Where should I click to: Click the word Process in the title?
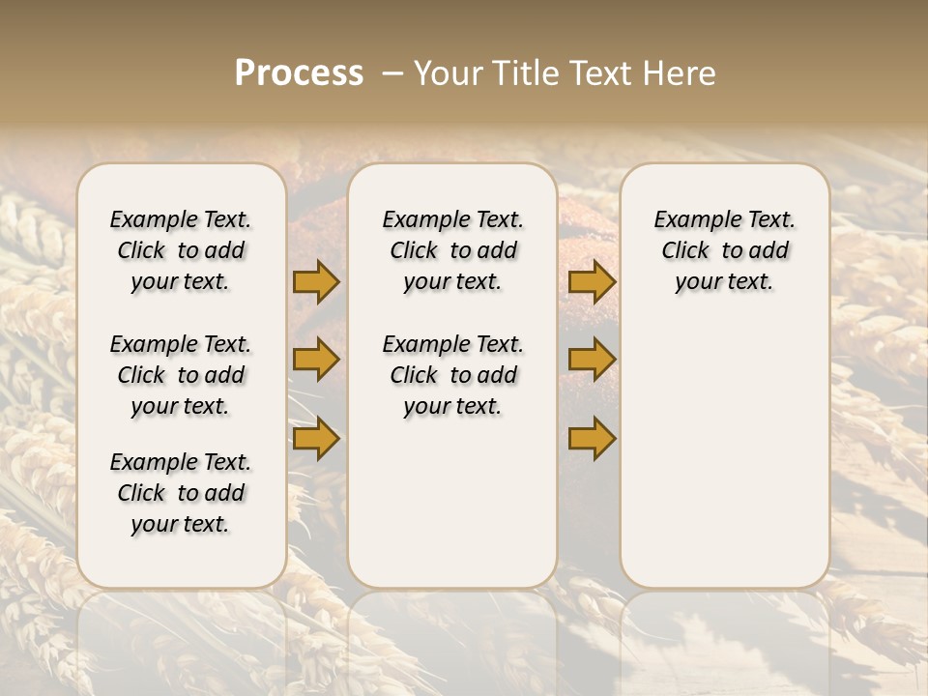tap(299, 73)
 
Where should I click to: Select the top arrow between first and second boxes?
tap(316, 281)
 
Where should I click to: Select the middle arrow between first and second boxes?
tap(316, 360)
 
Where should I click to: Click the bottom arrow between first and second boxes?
tap(316, 439)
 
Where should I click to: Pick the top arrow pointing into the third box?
tap(592, 281)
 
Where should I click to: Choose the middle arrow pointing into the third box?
tap(592, 360)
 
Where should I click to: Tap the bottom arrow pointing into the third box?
tap(592, 439)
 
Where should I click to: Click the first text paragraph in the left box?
tap(181, 250)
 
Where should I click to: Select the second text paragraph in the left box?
tap(181, 375)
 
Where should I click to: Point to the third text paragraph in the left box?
tap(181, 493)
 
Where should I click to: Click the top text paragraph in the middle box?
tap(452, 250)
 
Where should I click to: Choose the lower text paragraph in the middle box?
tap(452, 375)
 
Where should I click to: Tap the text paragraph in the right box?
tap(724, 250)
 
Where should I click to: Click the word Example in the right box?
tap(689, 220)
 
